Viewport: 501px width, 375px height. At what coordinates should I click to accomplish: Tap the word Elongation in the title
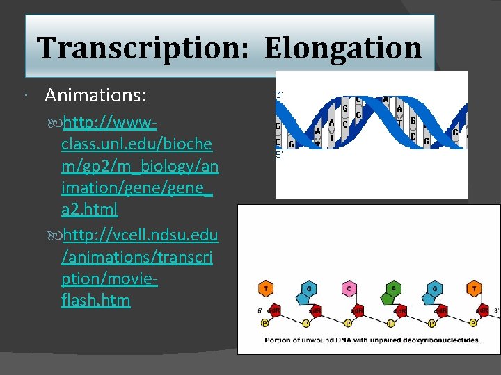(343, 49)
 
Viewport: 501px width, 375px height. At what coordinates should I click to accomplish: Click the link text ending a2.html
(90, 208)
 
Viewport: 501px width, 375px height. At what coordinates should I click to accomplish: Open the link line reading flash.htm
(95, 301)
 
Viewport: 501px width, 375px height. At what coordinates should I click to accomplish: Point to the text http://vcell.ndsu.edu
(140, 235)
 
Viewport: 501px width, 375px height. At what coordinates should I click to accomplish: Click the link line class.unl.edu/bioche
(137, 144)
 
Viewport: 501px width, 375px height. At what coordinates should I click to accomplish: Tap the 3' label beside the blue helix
(279, 94)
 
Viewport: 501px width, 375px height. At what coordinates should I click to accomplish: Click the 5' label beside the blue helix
(279, 156)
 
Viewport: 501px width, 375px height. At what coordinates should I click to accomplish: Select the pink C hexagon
(349, 289)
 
